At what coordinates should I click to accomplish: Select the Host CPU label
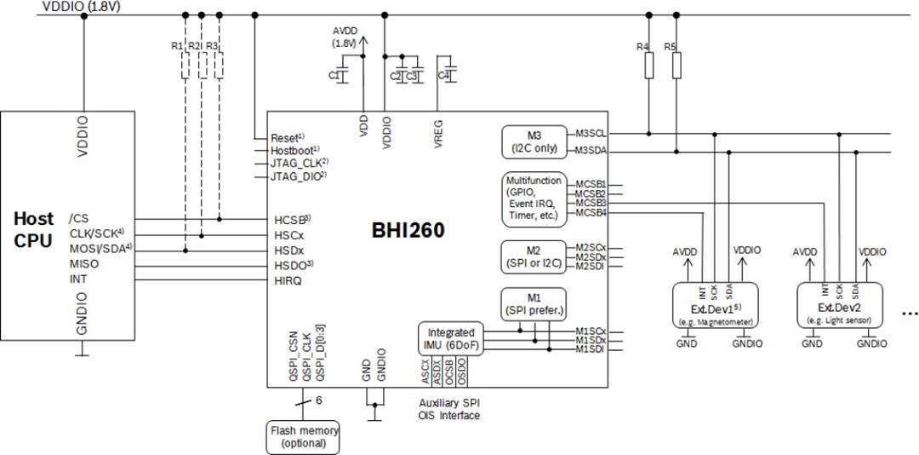pos(34,228)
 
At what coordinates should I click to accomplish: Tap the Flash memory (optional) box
pos(304,435)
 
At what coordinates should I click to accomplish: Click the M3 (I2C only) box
pos(533,141)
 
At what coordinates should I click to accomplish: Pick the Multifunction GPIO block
pos(533,199)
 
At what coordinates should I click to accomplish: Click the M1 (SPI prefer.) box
pos(534,302)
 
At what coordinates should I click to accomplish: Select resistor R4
pos(648,65)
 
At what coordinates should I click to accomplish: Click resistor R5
pos(676,65)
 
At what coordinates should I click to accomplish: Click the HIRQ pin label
pos(287,280)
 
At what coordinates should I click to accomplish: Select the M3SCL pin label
pos(591,133)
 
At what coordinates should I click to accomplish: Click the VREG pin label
pos(439,133)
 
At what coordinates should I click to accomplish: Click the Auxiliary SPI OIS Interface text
pos(449,409)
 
